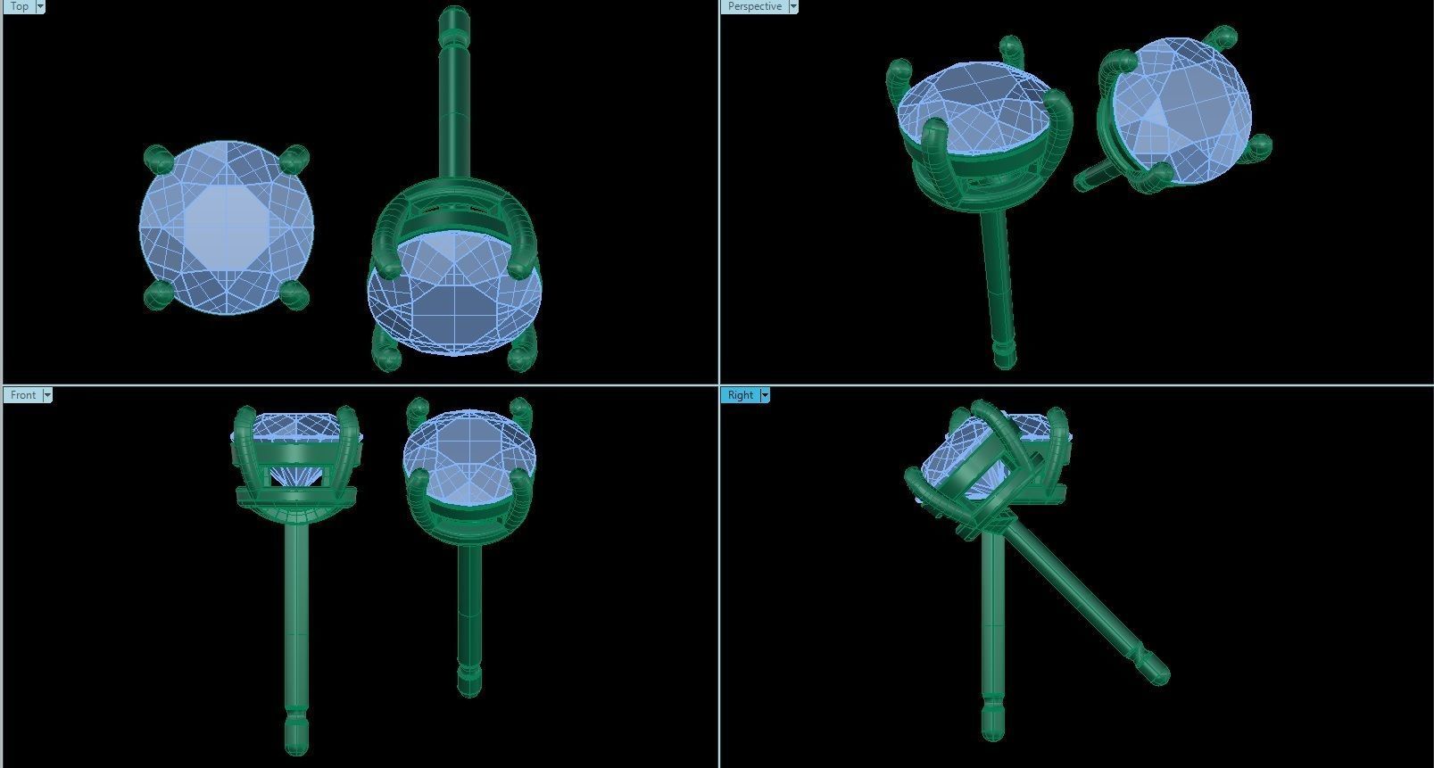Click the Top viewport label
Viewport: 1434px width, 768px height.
point(18,6)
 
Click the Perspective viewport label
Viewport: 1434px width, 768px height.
point(754,6)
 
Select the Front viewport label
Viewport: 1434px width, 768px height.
point(23,395)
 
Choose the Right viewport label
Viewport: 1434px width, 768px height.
point(740,395)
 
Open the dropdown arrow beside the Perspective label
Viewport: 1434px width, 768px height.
point(793,6)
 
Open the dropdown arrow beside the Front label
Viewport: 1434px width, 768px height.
point(47,395)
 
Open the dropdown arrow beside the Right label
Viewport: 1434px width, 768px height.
point(765,395)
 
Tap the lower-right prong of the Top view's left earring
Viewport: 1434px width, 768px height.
point(294,294)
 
